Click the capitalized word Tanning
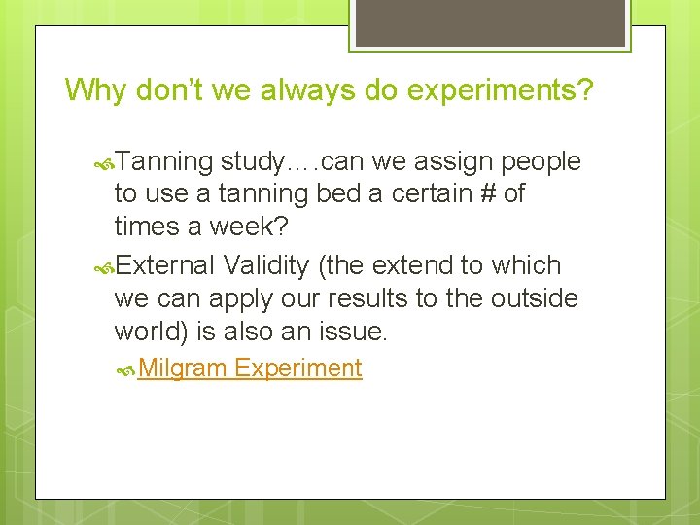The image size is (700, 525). (164, 162)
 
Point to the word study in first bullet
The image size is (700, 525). (260, 162)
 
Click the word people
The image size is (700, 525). (541, 162)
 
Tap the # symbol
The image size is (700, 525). (486, 193)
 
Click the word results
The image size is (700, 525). (350, 297)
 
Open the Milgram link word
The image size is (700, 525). (183, 368)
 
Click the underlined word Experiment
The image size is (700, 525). (298, 368)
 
